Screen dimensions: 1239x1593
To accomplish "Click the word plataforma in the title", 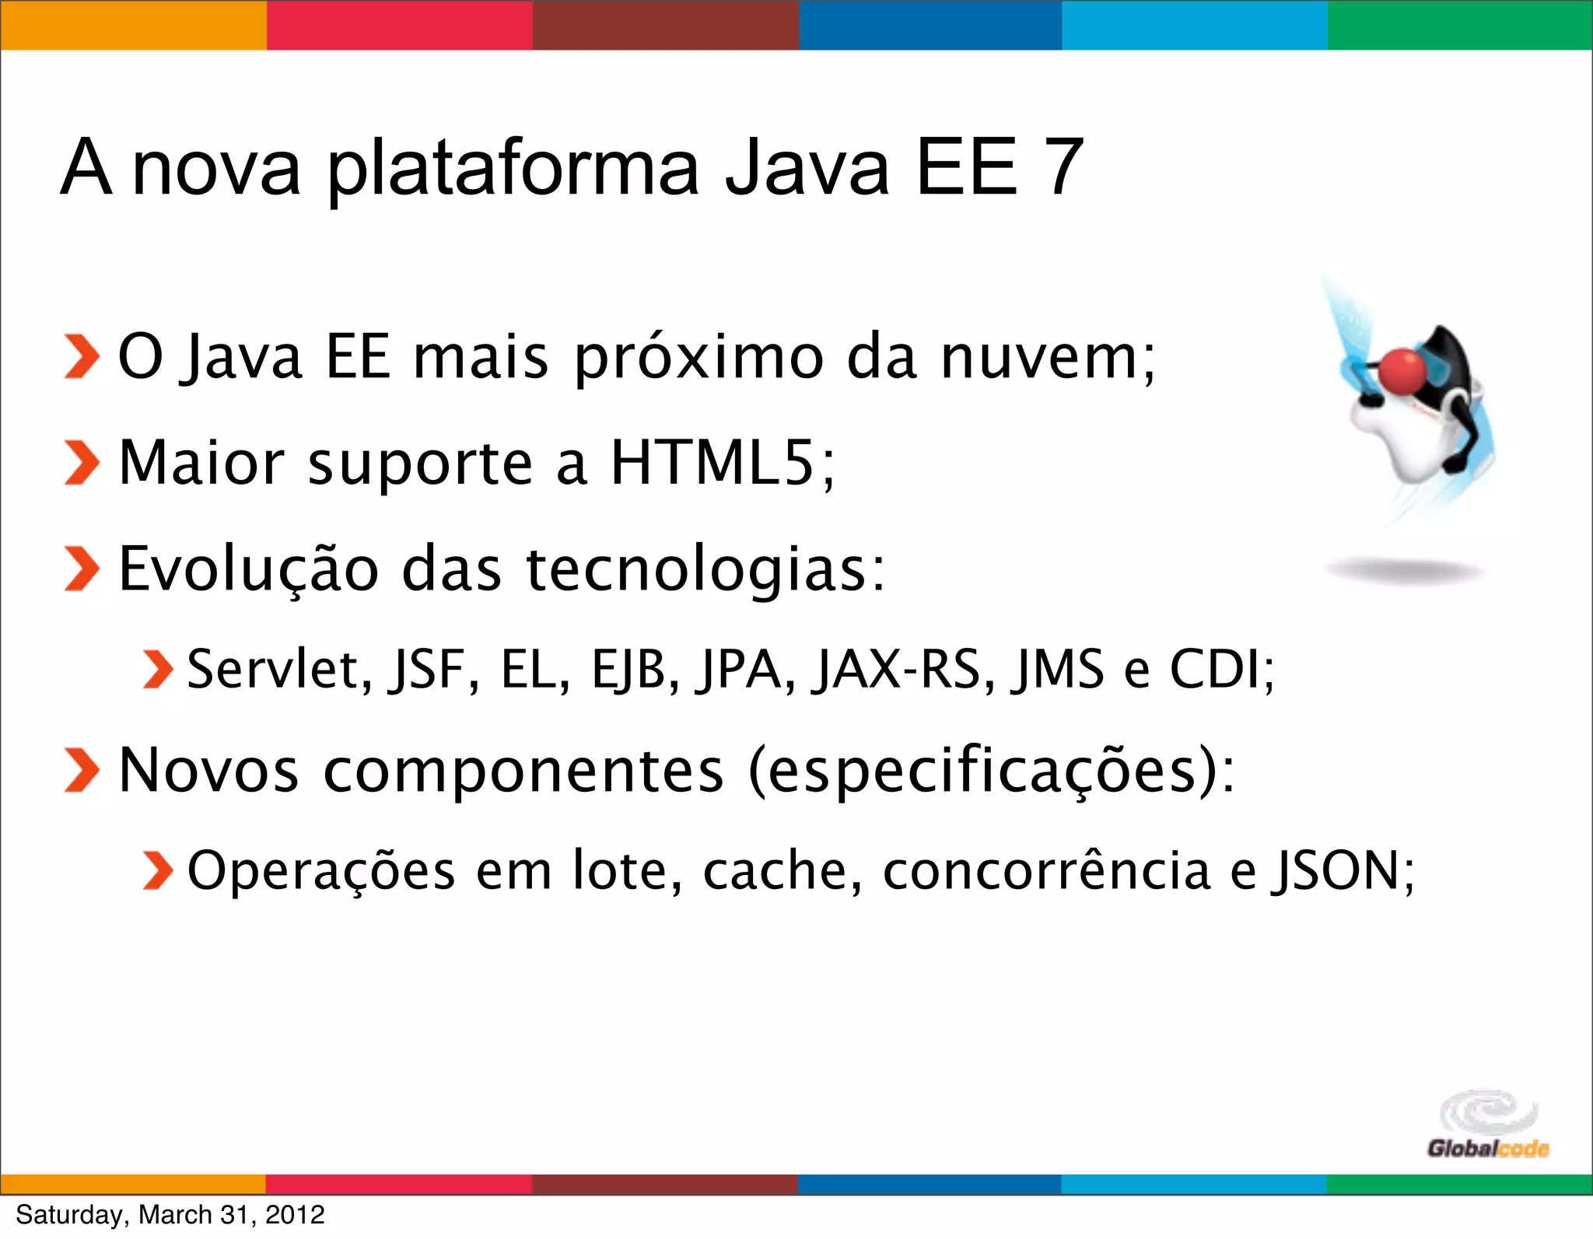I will point(513,170).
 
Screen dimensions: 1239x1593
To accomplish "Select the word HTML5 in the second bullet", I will point(712,463).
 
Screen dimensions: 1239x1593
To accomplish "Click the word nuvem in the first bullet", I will point(1040,358).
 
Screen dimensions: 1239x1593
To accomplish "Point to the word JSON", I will point(1336,870).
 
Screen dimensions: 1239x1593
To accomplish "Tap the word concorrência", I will point(1046,870).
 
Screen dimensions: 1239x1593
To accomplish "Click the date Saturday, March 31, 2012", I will point(170,1215).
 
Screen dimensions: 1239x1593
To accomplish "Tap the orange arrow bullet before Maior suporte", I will point(81,463).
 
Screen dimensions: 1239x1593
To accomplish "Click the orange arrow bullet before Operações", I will point(158,870).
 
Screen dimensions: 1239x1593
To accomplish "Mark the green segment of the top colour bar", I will point(1460,25).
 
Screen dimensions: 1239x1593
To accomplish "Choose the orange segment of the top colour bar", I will point(133,25).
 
